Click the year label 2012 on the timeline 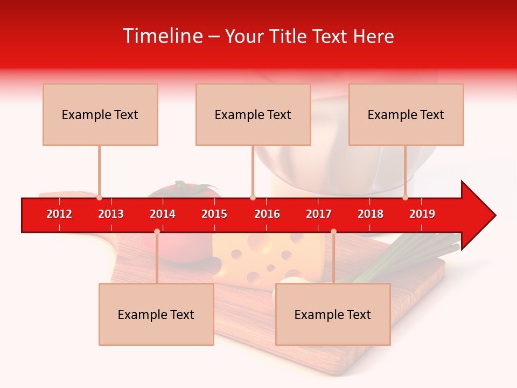click(59, 214)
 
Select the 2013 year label click(111, 214)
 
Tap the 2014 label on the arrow click(163, 214)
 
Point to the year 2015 click(214, 214)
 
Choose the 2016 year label click(267, 214)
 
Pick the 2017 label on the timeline click(319, 214)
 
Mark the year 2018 click(371, 214)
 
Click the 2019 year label click(422, 214)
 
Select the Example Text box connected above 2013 click(100, 114)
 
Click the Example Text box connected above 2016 click(253, 114)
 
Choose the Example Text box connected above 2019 click(406, 114)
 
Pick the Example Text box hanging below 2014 click(156, 314)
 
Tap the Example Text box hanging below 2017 click(333, 314)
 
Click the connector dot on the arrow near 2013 click(99, 198)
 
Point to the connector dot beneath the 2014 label click(157, 231)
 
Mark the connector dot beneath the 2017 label click(333, 231)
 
